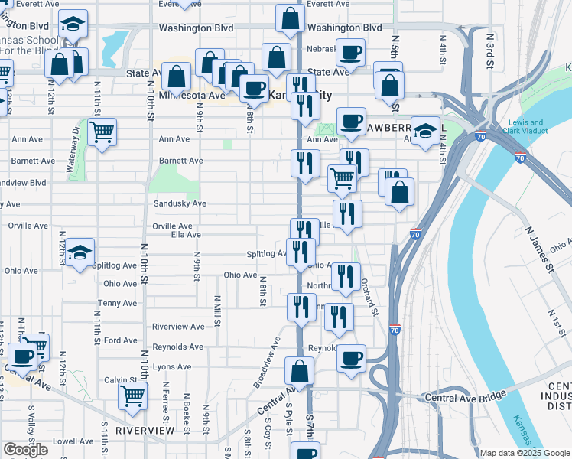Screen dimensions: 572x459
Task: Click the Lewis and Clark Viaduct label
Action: coord(525,126)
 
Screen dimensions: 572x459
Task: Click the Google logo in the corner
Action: coord(25,450)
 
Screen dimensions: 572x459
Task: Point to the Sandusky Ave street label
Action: coord(180,204)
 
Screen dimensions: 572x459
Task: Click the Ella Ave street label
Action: coord(186,235)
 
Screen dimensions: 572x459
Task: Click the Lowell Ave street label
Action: coord(73,441)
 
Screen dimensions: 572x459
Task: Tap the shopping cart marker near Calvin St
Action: coord(133,397)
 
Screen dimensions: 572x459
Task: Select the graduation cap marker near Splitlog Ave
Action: coord(79,253)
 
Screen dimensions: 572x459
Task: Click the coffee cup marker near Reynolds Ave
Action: coord(351,358)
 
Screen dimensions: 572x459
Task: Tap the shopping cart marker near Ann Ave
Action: coord(102,132)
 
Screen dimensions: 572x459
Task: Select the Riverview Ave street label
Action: coord(178,327)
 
